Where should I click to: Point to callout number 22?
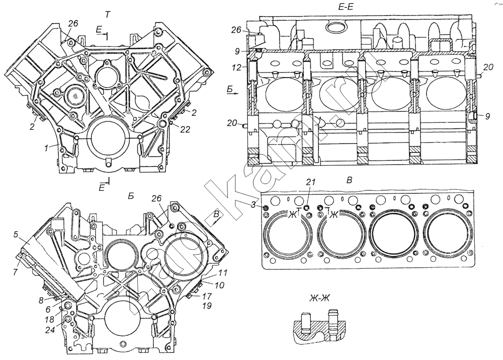[x=185, y=130]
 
